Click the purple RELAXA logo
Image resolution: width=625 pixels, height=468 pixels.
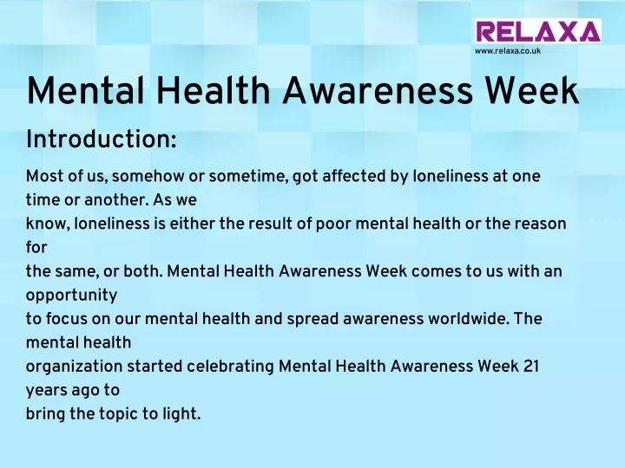[538, 31]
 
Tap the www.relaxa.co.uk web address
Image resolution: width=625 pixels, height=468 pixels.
[508, 51]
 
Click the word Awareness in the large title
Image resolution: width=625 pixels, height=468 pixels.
[378, 90]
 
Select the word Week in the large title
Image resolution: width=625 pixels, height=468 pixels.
[531, 90]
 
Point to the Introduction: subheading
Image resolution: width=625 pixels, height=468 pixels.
[102, 140]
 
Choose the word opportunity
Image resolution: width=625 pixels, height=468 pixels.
[72, 296]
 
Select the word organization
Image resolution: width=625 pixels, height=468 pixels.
[74, 367]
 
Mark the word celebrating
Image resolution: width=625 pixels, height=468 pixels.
[230, 367]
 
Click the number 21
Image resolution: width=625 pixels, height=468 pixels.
[531, 367]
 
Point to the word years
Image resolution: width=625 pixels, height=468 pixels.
[44, 391]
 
